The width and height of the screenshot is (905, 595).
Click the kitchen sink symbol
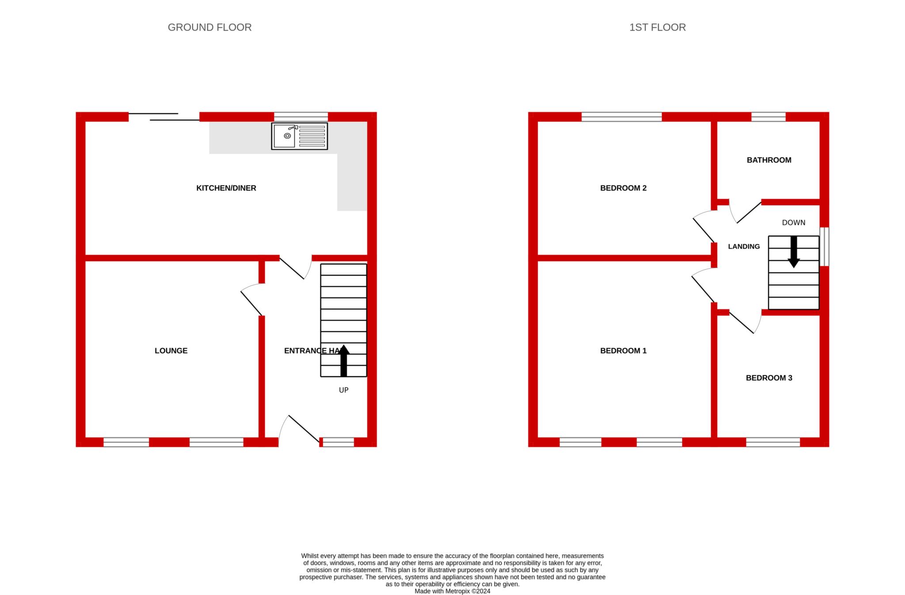click(299, 136)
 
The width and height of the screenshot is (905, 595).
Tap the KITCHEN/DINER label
click(226, 188)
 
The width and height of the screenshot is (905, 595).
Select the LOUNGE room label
click(171, 351)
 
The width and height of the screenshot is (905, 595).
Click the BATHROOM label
click(769, 160)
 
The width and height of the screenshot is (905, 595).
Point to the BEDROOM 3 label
click(769, 378)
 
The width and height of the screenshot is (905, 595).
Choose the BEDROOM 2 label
click(623, 188)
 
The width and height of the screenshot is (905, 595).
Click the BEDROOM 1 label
click(623, 351)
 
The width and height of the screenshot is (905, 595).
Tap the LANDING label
click(744, 247)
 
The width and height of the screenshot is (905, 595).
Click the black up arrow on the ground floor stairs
click(343, 360)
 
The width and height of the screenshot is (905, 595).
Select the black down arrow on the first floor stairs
click(794, 252)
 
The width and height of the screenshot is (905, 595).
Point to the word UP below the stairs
click(343, 390)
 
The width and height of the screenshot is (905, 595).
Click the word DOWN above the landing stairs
click(794, 222)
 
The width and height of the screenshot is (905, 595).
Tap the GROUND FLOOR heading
click(209, 27)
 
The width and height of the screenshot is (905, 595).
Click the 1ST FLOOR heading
click(657, 27)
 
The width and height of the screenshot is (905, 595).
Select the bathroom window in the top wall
click(768, 117)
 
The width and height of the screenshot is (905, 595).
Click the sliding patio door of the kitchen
click(164, 117)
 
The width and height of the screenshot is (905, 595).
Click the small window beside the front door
click(338, 442)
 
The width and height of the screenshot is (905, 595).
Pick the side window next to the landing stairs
click(824, 247)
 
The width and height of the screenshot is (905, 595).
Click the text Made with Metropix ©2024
click(452, 591)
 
